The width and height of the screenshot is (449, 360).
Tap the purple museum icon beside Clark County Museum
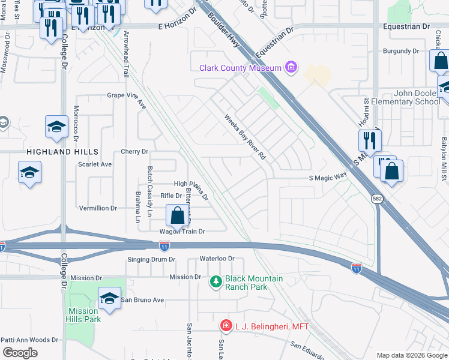(292, 67)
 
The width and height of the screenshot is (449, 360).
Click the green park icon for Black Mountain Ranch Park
(216, 281)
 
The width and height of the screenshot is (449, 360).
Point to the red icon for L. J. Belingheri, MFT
(226, 326)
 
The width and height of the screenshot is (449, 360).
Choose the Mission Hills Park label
(83, 315)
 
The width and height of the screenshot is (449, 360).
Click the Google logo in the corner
(20, 353)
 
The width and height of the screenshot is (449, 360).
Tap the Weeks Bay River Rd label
(245, 137)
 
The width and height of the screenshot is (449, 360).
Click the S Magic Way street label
(328, 177)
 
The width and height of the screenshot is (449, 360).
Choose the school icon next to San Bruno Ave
(109, 298)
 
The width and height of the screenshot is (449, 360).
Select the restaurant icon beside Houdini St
(370, 141)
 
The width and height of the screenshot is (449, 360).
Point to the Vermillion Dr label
(98, 208)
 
